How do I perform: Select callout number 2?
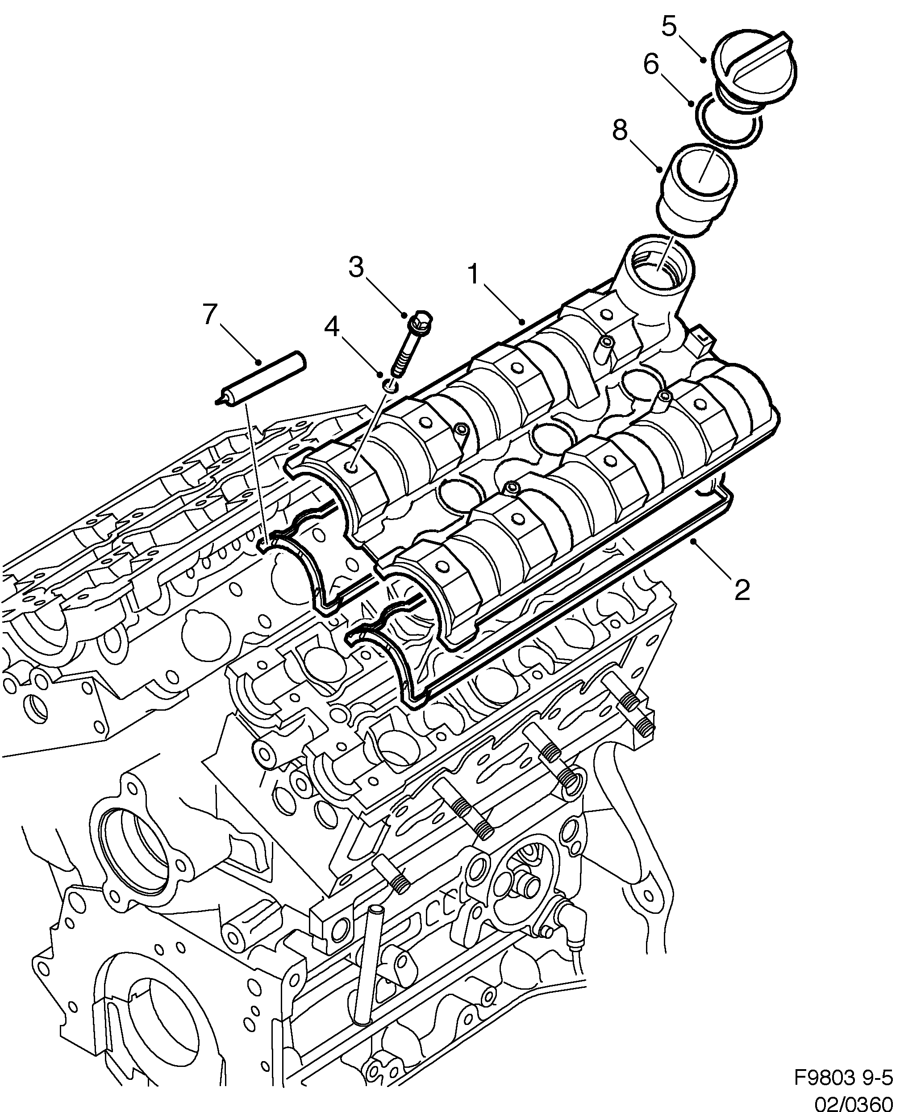pos(742,590)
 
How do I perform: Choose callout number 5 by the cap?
pos(669,25)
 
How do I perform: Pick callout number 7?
pos(209,314)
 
